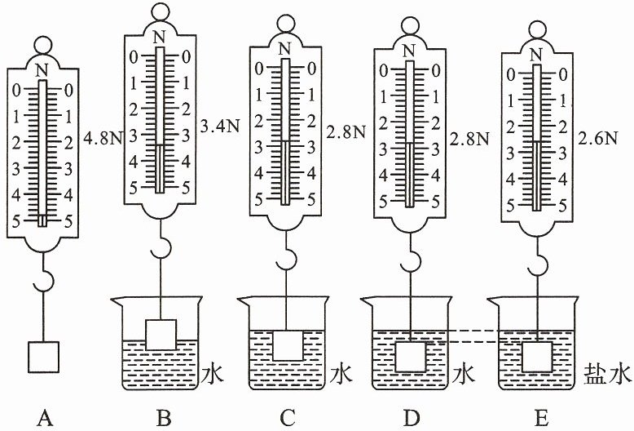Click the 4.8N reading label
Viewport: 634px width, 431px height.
point(103,140)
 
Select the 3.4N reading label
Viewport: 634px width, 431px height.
point(220,127)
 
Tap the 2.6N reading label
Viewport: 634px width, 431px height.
point(597,139)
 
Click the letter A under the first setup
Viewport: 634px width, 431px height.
point(45,418)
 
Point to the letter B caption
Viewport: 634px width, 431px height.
point(164,418)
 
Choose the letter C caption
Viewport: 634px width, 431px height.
point(288,418)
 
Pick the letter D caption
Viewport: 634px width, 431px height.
point(412,418)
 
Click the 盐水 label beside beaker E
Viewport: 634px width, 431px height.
point(608,375)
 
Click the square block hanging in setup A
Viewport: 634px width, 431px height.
point(44,357)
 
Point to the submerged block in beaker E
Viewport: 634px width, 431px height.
point(537,357)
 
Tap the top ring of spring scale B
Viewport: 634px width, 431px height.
point(161,11)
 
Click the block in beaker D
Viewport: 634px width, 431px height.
point(411,357)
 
